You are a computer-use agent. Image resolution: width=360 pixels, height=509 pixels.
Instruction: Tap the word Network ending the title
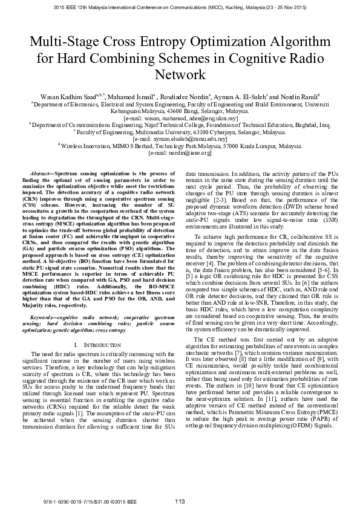click(x=180, y=76)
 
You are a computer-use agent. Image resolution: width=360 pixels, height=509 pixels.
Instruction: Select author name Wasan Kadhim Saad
click(x=62, y=96)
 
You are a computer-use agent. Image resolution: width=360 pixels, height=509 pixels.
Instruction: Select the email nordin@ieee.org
click(x=180, y=153)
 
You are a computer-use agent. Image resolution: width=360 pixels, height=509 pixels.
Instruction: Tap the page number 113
click(x=180, y=501)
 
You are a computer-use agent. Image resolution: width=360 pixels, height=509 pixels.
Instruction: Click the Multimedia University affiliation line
click(x=180, y=131)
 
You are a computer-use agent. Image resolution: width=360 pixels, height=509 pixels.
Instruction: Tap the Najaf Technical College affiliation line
click(x=180, y=125)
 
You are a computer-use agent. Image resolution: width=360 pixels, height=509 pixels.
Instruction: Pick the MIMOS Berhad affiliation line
click(x=180, y=146)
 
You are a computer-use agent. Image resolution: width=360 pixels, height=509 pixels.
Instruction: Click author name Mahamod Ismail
click(x=129, y=96)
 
